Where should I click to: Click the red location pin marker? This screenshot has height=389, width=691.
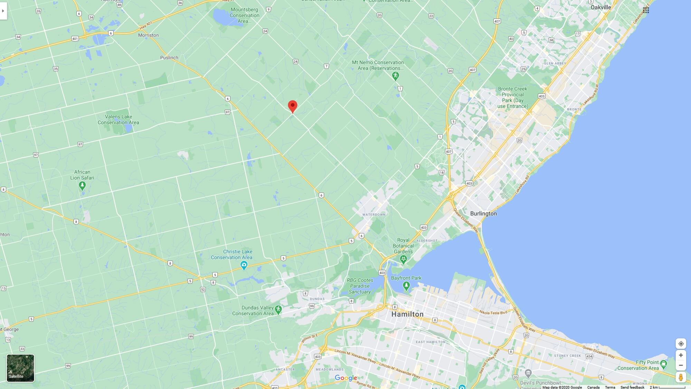click(292, 106)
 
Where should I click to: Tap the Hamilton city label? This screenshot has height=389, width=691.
click(407, 314)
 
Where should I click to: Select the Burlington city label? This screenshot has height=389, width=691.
click(483, 213)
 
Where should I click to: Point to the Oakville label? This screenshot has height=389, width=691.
click(601, 7)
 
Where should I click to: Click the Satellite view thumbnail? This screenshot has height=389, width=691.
click(20, 368)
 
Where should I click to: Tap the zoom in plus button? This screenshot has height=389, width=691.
click(681, 355)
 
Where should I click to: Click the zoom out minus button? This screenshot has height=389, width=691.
click(681, 365)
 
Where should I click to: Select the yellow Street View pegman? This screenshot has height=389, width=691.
click(681, 377)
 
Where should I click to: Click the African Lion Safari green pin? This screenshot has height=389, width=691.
click(82, 186)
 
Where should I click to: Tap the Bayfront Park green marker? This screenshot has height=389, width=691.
click(406, 286)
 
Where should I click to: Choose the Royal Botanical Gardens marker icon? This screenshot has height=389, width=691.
click(403, 259)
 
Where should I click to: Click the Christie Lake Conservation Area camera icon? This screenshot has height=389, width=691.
click(244, 266)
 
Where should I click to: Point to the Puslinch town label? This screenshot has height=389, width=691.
click(169, 57)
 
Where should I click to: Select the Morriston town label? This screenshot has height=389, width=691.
click(148, 35)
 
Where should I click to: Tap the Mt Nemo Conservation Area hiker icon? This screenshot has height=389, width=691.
click(396, 75)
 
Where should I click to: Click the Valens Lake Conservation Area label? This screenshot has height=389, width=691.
click(118, 119)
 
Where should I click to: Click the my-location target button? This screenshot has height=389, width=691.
click(681, 344)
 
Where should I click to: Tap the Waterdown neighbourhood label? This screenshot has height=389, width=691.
click(374, 215)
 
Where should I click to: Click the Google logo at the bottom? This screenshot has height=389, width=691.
click(345, 378)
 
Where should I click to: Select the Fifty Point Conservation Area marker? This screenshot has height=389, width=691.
click(663, 363)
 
